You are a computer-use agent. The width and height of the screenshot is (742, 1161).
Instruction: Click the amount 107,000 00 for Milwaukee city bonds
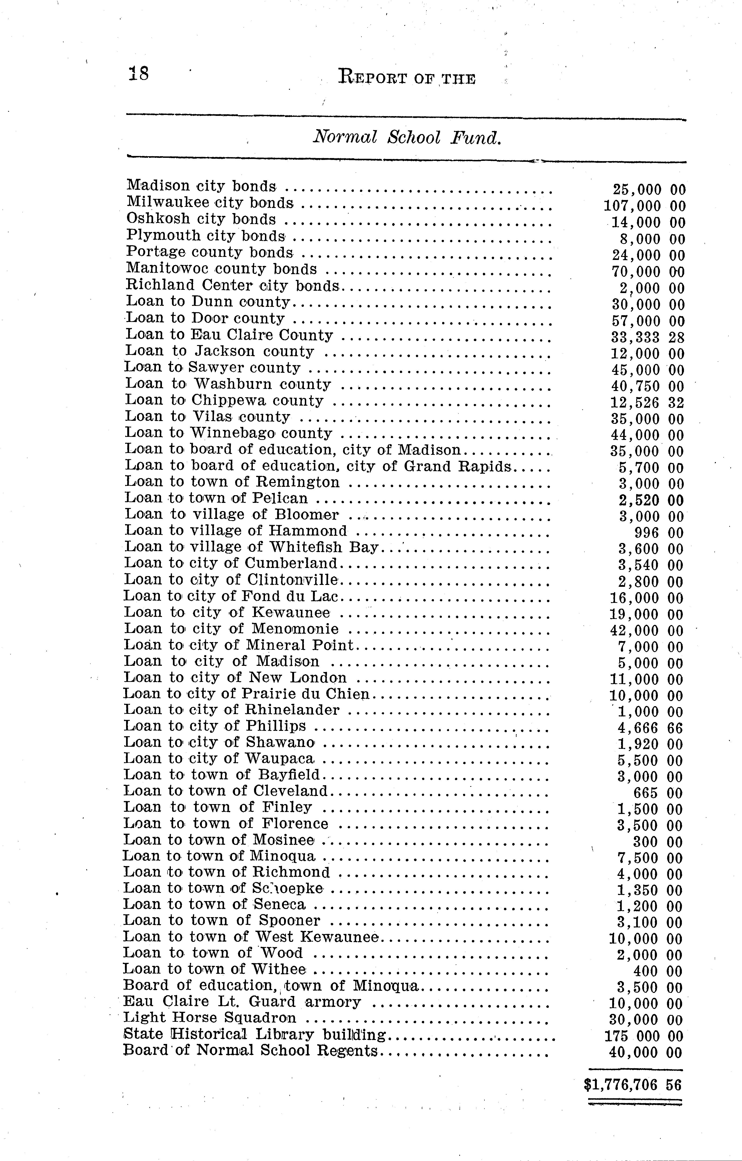coord(644,206)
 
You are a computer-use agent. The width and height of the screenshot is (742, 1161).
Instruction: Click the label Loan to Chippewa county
coord(224,401)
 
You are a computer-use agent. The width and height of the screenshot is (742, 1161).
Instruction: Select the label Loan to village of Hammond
coord(236,531)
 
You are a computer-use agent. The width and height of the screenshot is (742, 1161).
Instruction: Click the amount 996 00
coord(659,533)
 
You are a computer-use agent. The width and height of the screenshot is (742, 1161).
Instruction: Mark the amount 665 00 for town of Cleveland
coord(658,793)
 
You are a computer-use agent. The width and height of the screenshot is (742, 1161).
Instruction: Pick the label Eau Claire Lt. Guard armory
coord(242,1001)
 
